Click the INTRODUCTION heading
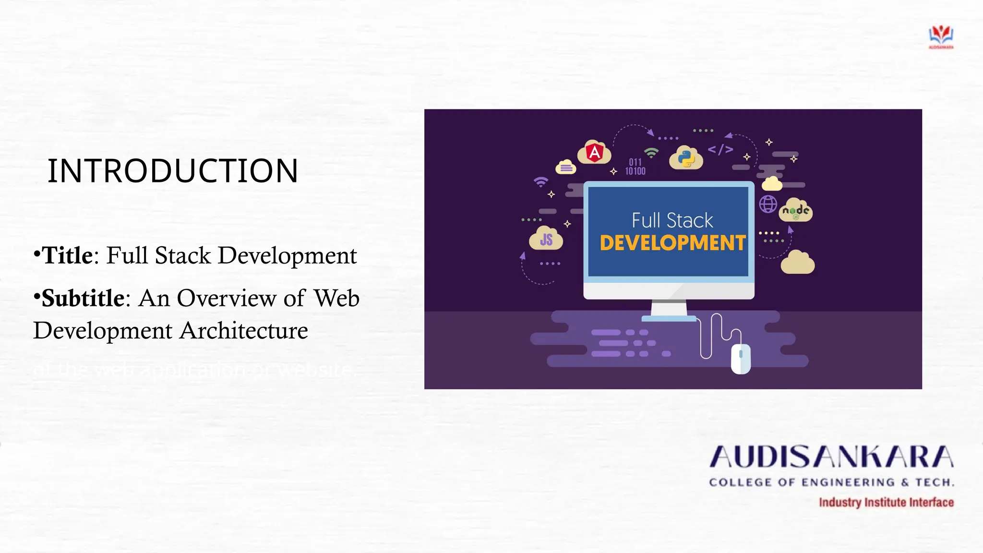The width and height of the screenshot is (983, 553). [x=173, y=171]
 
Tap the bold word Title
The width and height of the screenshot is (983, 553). [x=67, y=255]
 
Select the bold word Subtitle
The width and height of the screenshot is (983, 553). [x=83, y=299]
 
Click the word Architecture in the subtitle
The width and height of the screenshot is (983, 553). [x=244, y=331]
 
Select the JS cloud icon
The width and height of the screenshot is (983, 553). [x=546, y=239]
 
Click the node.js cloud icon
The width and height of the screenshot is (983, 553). [x=796, y=211]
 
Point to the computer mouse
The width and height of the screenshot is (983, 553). [x=741, y=359]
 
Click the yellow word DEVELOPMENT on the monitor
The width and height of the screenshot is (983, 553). [x=672, y=243]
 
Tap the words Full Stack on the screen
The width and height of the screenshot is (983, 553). [x=672, y=221]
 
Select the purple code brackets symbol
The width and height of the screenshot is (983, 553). [x=720, y=150]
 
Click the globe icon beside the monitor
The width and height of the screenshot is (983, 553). [x=768, y=204]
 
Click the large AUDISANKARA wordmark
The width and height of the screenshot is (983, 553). [x=831, y=457]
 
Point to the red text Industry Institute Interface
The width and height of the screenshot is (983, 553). [x=886, y=503]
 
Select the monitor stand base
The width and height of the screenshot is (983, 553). [x=669, y=318]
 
